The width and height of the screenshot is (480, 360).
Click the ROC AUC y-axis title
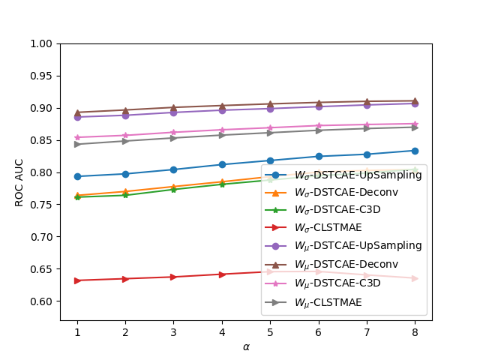tap(20, 182)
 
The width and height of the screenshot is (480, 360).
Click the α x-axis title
tap(246, 346)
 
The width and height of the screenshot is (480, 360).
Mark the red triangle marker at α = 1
tap(77, 280)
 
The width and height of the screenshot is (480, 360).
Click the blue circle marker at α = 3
tap(174, 169)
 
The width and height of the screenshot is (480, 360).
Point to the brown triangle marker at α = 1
tap(77, 112)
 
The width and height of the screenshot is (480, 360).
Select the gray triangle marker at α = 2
tap(126, 141)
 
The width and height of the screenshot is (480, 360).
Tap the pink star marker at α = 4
tap(222, 130)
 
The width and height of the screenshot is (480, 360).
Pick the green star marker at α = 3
tap(174, 189)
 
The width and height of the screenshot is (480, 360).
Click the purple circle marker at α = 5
tap(270, 109)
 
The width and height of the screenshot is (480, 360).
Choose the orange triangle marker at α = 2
tap(126, 191)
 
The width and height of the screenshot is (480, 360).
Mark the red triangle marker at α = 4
tap(222, 274)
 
